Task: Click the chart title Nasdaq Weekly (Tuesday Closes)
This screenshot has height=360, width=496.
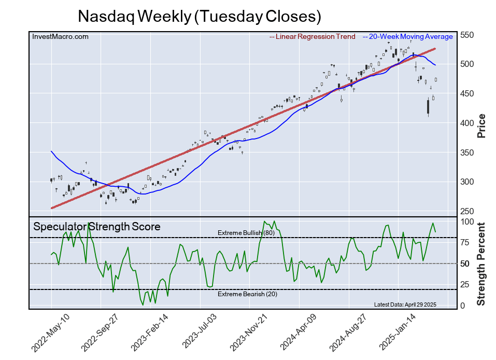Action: (x=200, y=16)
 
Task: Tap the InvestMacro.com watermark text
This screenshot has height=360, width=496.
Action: (x=60, y=36)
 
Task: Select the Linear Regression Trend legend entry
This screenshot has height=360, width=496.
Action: (x=313, y=36)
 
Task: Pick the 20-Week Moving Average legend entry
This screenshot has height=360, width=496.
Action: (x=407, y=36)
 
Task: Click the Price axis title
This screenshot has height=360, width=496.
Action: (x=481, y=125)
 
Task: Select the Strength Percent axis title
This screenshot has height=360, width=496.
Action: (x=481, y=264)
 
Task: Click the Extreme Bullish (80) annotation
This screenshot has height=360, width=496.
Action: (x=246, y=233)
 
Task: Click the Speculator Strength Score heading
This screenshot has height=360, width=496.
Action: (x=97, y=227)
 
